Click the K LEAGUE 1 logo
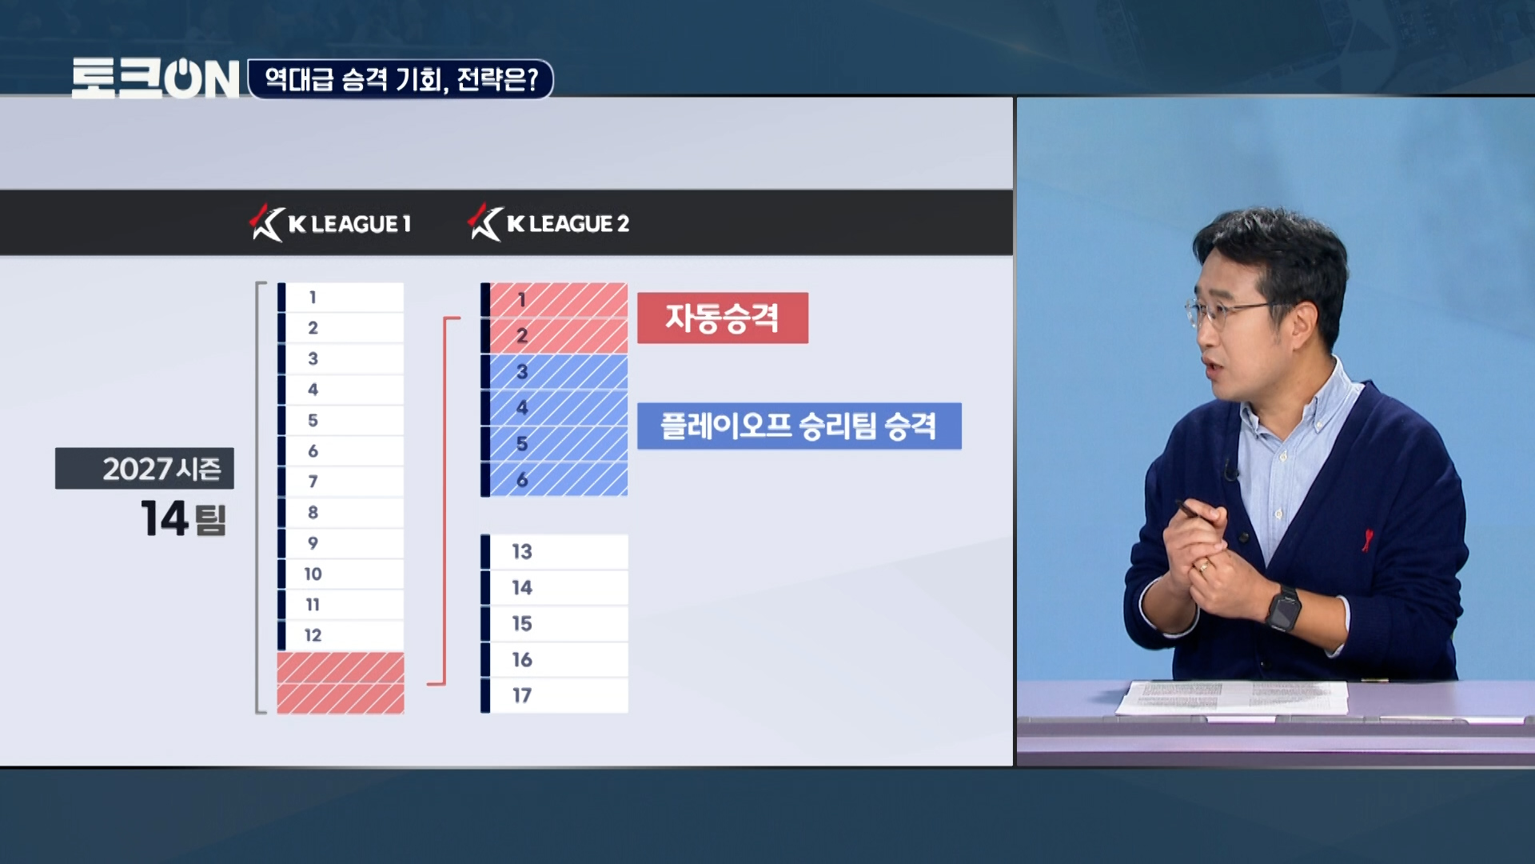pyautogui.click(x=331, y=223)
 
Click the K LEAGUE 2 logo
pyautogui.click(x=549, y=223)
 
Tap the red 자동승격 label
pyautogui.click(x=723, y=318)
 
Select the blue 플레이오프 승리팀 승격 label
pyautogui.click(x=799, y=426)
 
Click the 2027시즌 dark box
pyautogui.click(x=145, y=468)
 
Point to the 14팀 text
pyautogui.click(x=184, y=518)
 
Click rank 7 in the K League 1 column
pyautogui.click(x=341, y=482)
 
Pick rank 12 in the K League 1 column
pyautogui.click(x=341, y=635)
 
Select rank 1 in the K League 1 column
pyautogui.click(x=341, y=298)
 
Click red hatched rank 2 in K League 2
pyautogui.click(x=554, y=336)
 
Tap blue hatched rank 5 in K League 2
pyautogui.click(x=554, y=444)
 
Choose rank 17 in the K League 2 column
pyautogui.click(x=554, y=695)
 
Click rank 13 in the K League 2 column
pyautogui.click(x=554, y=552)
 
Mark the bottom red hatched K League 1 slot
pyautogui.click(x=341, y=698)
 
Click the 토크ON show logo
pyautogui.click(x=156, y=78)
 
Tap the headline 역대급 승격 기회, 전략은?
pyautogui.click(x=401, y=79)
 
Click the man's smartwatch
pyautogui.click(x=1284, y=608)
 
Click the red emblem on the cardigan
pyautogui.click(x=1368, y=538)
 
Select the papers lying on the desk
pyautogui.click(x=1232, y=697)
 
